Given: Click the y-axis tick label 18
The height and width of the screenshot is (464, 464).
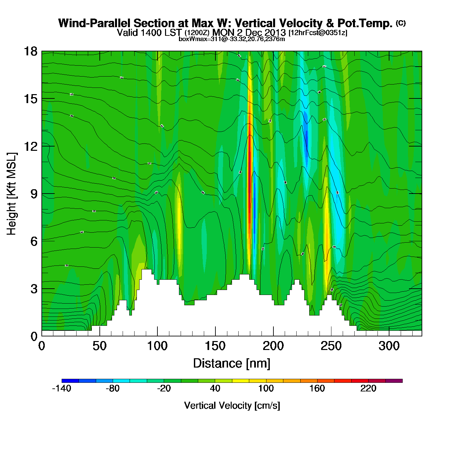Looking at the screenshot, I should (30, 51).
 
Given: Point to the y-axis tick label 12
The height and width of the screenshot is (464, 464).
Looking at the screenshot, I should (30, 146).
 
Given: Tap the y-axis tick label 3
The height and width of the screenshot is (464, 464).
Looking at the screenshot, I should (34, 289).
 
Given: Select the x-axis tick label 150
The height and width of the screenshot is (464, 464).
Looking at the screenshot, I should (215, 346).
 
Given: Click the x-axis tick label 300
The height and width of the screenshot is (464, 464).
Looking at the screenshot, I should (389, 346).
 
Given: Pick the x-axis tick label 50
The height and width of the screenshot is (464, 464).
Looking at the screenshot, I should (99, 346).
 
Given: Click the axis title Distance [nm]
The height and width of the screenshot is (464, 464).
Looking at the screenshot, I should (232, 364).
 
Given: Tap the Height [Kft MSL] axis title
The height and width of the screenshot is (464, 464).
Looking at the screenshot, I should (12, 194).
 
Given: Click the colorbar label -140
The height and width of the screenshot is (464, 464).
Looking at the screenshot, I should (62, 388).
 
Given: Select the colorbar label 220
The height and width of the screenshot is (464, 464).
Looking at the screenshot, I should (368, 388).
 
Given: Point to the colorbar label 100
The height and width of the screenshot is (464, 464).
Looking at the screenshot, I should (266, 388).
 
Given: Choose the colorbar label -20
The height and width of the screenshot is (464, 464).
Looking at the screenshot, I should (164, 388).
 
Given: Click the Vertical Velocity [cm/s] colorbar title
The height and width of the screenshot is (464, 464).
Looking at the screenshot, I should (232, 406).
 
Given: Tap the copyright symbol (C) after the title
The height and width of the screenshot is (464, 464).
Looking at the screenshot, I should (401, 23).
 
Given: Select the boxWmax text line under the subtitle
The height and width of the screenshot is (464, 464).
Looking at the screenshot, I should (232, 39).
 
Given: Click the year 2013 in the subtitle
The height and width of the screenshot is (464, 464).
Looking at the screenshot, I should (275, 32).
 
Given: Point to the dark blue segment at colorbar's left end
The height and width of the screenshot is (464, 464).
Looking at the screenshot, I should (70, 381).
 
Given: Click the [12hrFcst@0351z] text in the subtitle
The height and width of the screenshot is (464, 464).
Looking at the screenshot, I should (318, 33).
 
